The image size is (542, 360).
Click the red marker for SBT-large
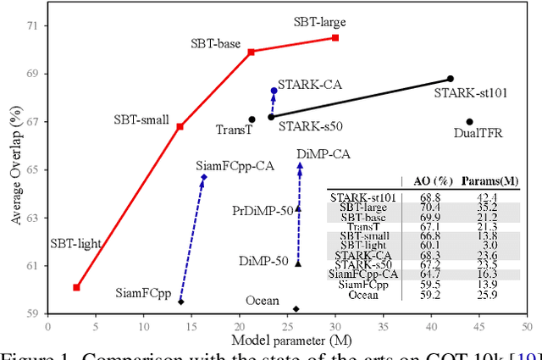coord(335,38)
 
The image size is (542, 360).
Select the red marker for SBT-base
coord(251,52)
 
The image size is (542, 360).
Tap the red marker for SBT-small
coord(180,126)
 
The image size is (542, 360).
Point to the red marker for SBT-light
coord(76,287)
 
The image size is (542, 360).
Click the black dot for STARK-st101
coord(451,79)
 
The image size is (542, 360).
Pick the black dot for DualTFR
coord(470,121)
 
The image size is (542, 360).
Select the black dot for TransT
coord(252,119)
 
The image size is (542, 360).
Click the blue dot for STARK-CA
coord(274,91)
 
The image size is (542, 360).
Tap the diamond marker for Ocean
coord(296,309)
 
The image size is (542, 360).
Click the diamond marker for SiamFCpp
coord(180,302)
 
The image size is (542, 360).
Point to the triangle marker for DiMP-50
coord(298,263)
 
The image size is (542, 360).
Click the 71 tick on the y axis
coord(32,25)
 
